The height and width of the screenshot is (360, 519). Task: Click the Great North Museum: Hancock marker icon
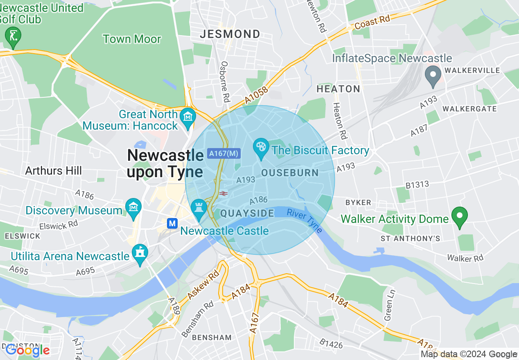(x=188, y=116)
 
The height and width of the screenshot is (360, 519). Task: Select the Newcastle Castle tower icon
(x=199, y=207)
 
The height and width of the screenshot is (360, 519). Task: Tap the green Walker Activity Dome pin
(x=459, y=215)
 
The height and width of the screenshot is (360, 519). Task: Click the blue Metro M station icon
(x=172, y=223)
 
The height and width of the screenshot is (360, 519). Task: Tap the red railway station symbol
(x=223, y=193)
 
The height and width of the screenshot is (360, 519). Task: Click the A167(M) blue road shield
(x=223, y=153)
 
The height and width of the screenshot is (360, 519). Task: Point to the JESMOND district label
(x=230, y=34)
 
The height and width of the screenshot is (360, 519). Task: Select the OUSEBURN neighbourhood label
(x=290, y=173)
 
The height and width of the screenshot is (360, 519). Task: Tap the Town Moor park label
(x=132, y=39)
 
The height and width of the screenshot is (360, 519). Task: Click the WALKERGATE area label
(x=469, y=109)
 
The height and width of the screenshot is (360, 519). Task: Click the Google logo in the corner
(x=27, y=350)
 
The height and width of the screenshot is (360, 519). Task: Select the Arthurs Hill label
(x=54, y=171)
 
